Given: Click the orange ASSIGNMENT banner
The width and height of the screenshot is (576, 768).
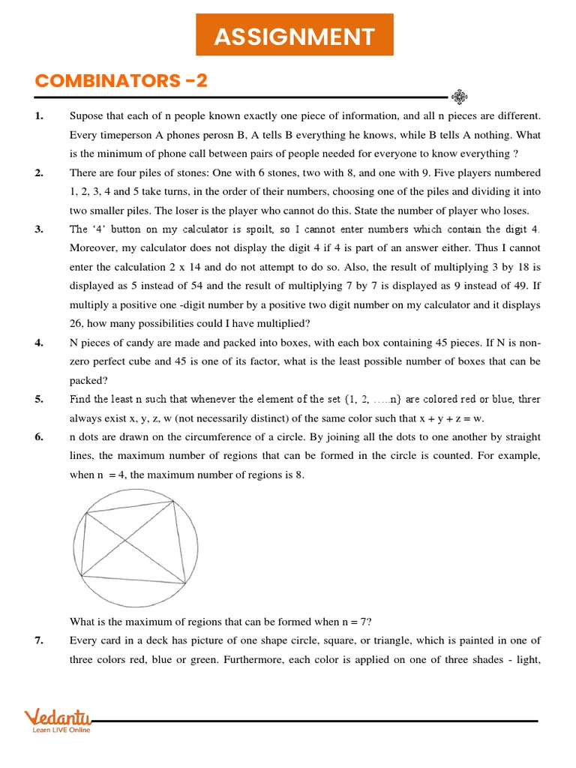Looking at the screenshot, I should (294, 36).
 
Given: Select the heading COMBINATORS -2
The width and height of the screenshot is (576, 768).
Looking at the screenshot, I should (121, 80).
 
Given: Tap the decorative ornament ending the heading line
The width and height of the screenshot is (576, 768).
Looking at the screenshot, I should (460, 96).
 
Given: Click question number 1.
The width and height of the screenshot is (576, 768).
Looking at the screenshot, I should (39, 116).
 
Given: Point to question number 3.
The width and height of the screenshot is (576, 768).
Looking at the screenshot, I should (39, 229).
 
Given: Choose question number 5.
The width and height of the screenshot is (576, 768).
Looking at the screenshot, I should (39, 399).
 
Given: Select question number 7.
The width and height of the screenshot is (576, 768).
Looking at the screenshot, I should (39, 640).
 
